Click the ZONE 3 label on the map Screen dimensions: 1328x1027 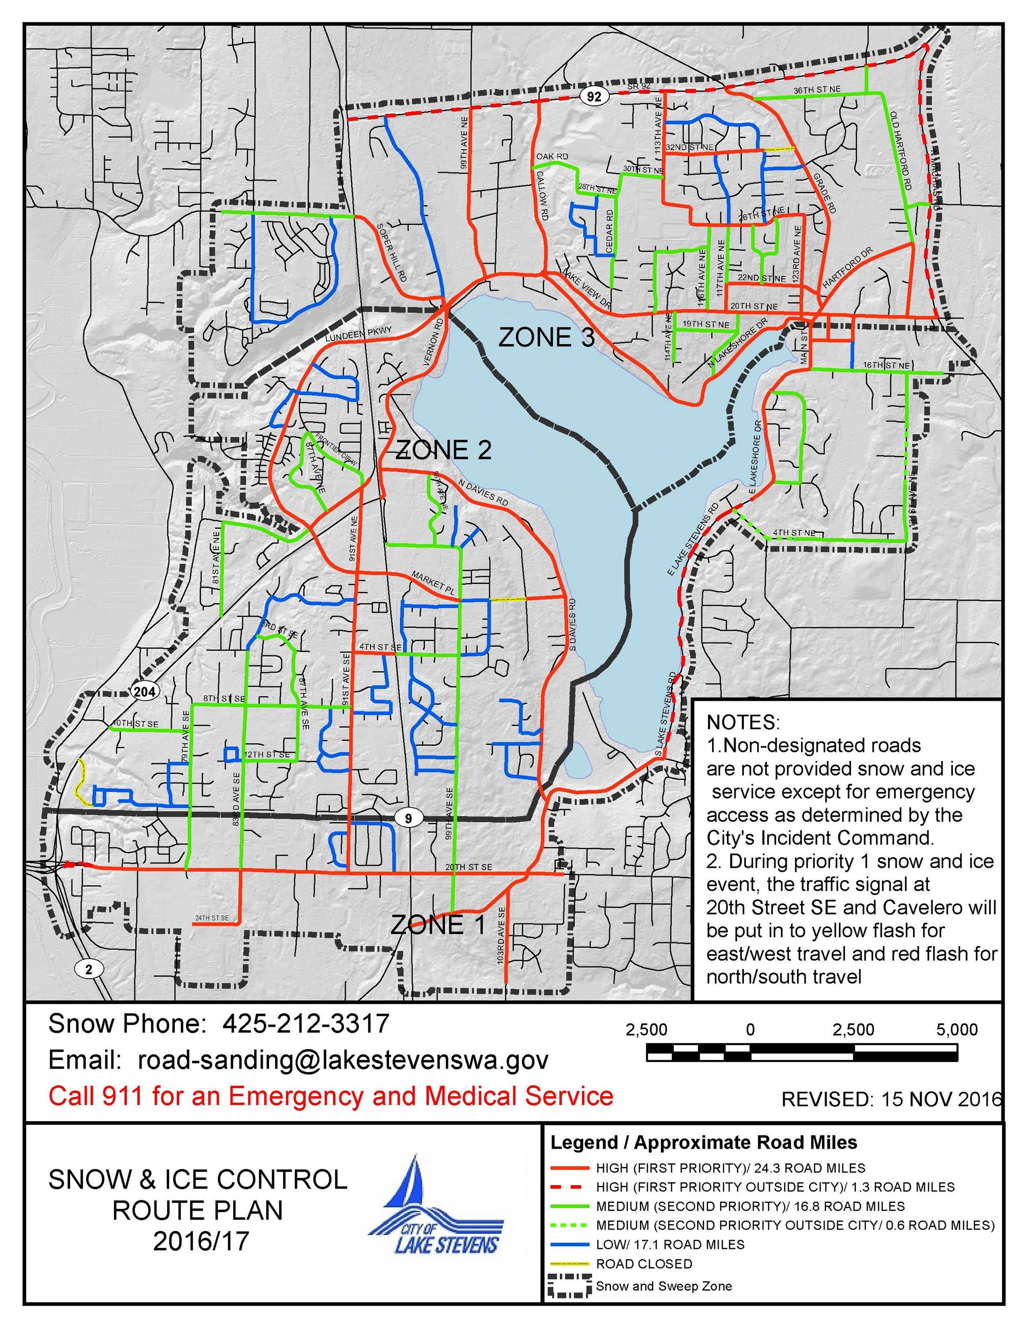point(546,338)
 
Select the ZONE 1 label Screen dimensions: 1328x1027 point(438,924)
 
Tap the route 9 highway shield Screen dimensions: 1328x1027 point(408,818)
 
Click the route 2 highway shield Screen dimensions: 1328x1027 point(89,968)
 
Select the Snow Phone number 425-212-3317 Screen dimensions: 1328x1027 point(305,1024)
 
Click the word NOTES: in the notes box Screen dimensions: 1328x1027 point(742,722)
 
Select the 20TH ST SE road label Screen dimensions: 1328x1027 point(468,866)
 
